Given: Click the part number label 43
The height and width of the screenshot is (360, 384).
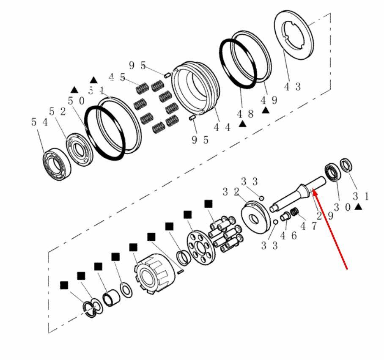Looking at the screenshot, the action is (x=292, y=87).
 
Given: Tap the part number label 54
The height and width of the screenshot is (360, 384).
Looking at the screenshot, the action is (x=39, y=122).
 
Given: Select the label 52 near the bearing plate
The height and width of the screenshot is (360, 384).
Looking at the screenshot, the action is (x=58, y=112).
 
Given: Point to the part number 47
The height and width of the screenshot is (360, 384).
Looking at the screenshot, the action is (x=308, y=226).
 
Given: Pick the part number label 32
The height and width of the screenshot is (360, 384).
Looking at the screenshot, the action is (x=230, y=192).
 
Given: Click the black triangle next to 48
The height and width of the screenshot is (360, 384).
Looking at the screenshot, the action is (x=242, y=124).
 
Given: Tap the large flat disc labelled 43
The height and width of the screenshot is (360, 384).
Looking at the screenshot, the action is (x=294, y=35).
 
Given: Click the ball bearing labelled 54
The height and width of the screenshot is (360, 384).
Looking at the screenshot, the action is (x=57, y=164).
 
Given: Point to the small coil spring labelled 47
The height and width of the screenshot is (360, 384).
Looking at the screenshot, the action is (x=294, y=212).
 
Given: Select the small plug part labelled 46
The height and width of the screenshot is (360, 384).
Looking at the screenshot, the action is (x=285, y=217).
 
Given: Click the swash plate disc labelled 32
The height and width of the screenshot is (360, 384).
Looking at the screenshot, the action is (x=255, y=217).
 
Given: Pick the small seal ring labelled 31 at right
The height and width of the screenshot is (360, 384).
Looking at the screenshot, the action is (x=346, y=165).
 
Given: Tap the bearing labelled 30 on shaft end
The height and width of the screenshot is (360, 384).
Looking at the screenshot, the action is (x=332, y=173).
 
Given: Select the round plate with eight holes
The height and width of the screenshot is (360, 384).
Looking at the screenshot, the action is (x=201, y=248).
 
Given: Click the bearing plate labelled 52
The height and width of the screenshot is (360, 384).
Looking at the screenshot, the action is (x=80, y=149).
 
